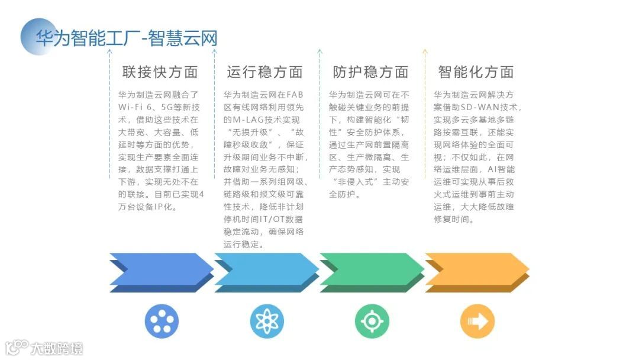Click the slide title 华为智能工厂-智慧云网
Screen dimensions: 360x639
(127, 38)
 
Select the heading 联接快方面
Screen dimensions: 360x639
(160, 72)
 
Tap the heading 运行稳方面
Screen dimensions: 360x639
(264, 72)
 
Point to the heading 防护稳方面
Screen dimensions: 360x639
(370, 72)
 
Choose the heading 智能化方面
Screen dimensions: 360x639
(476, 72)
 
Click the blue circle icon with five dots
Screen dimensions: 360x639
(162, 322)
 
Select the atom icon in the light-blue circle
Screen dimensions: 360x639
(267, 322)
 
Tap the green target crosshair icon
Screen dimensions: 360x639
(372, 322)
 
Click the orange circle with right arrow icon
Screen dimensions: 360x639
(477, 322)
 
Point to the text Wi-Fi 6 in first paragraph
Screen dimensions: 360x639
(135, 107)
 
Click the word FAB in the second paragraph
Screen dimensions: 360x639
(295, 95)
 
